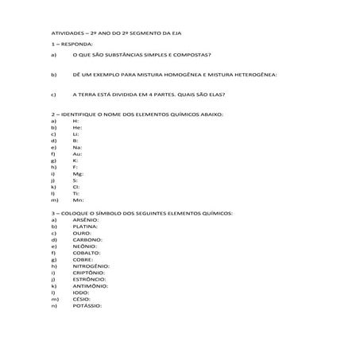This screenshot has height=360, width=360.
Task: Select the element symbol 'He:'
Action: (77, 127)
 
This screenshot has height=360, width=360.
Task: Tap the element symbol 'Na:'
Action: (77, 148)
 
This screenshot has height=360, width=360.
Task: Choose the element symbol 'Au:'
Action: (77, 154)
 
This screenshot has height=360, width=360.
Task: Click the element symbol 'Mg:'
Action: (78, 174)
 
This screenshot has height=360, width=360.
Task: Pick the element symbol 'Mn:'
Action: (78, 201)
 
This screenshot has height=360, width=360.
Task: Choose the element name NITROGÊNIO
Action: (91, 266)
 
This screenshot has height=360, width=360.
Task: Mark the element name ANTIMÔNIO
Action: (90, 286)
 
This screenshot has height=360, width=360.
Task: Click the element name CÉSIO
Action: (82, 299)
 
